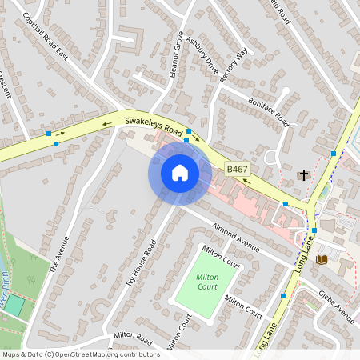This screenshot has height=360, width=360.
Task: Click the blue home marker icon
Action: point(180,172)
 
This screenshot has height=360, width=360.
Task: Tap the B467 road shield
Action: point(237,170)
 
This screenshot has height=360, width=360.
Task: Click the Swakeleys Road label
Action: point(154,125)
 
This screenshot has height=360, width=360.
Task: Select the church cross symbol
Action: point(303,174)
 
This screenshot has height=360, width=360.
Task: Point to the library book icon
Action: point(322,260)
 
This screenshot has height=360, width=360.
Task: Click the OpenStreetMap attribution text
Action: point(80,354)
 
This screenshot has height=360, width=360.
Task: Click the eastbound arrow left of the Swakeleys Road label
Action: point(106,124)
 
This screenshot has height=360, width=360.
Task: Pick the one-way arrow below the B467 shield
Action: point(244,181)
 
